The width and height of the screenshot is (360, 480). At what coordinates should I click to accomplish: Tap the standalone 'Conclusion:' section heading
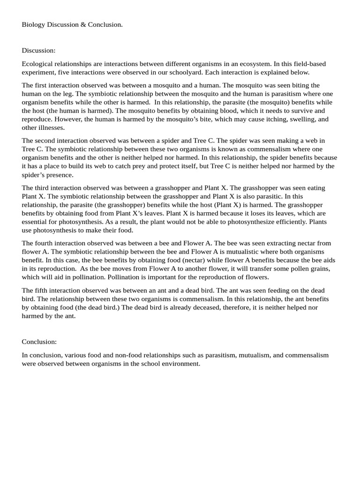[39, 342]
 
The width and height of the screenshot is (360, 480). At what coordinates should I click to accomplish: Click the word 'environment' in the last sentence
[180, 364]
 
